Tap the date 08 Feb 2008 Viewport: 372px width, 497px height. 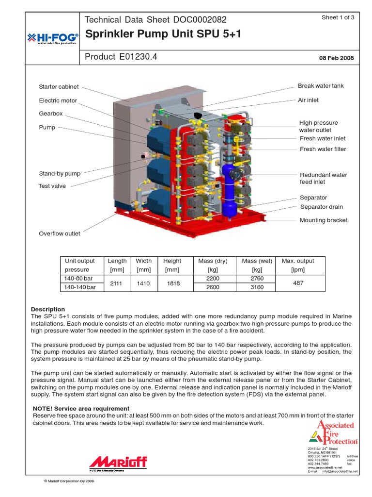(336, 58)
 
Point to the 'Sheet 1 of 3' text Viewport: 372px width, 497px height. (338, 17)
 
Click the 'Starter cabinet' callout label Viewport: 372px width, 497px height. (59, 87)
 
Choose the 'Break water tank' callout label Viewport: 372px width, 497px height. (321, 86)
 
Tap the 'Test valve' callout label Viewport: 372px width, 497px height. (52, 186)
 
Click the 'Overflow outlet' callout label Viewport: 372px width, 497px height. (60, 234)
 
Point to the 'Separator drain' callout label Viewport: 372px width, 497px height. (322, 207)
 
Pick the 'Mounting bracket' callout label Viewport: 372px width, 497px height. (324, 220)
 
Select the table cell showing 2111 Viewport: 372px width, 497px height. (117, 283)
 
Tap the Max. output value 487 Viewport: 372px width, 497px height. (298, 283)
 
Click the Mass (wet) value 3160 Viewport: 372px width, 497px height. (256, 287)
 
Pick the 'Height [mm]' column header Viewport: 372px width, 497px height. (172, 265)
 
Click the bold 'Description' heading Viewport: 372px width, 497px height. (48, 309)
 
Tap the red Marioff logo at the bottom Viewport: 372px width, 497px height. (118, 462)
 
